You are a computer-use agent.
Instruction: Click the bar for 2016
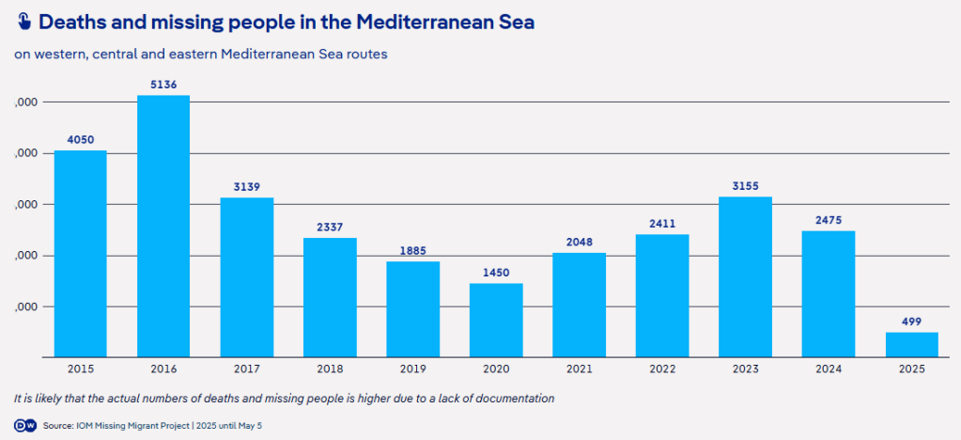(163, 226)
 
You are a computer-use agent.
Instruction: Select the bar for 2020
(496, 320)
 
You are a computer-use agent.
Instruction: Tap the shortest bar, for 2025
(911, 344)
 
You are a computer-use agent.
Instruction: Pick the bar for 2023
(745, 276)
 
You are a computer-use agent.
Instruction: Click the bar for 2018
(330, 297)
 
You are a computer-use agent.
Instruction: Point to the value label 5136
(163, 85)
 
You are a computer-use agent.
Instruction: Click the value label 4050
(80, 140)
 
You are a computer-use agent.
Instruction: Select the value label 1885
(412, 251)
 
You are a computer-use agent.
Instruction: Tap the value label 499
(911, 322)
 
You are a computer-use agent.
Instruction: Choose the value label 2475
(829, 220)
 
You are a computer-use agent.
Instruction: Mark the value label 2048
(579, 243)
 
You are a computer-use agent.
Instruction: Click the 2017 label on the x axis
(246, 369)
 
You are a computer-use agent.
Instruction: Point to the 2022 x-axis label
(662, 369)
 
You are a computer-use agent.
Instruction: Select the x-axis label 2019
(412, 369)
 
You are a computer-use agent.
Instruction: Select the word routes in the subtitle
(366, 54)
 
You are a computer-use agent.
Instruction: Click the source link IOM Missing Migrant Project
(135, 426)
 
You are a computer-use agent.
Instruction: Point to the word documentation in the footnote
(514, 398)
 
